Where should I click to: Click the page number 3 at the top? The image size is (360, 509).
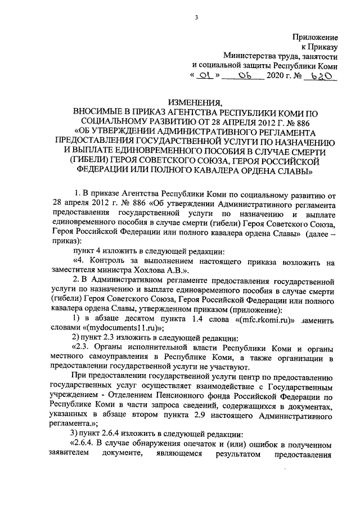click(x=196, y=17)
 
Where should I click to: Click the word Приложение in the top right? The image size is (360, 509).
click(x=315, y=37)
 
